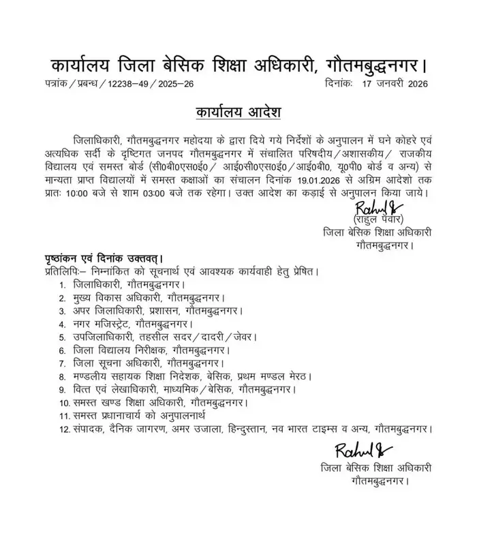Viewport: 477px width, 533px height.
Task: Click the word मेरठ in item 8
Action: pyautogui.click(x=297, y=376)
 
